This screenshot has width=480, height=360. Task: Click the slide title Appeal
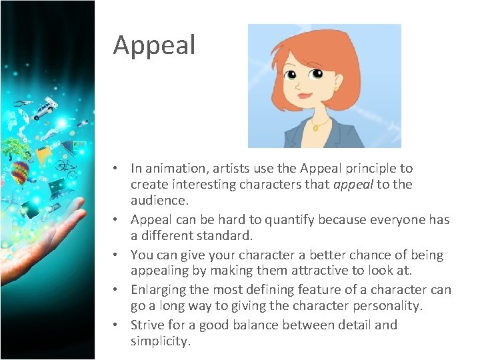[x=154, y=45]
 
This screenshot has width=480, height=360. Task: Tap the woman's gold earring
[x=337, y=89]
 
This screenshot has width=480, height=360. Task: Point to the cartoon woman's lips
[x=305, y=95]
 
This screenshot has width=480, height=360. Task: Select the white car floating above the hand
[x=45, y=109]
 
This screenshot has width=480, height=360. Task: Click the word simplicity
[x=161, y=341]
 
